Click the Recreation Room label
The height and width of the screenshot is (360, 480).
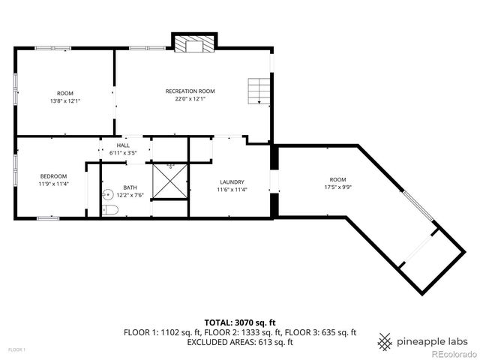click(185, 91)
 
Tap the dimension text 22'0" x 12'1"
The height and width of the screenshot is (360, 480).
click(185, 98)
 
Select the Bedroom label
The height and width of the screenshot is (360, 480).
click(53, 176)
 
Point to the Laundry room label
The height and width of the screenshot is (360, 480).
click(232, 182)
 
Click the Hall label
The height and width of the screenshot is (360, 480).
click(122, 145)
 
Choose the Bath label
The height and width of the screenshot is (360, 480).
click(130, 187)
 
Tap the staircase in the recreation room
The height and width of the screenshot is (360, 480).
click(259, 90)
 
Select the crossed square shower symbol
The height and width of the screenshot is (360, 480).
click(170, 181)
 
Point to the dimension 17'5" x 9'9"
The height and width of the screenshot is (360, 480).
click(338, 187)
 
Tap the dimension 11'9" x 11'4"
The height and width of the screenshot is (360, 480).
click(53, 184)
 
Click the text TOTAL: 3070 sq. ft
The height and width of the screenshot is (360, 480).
click(239, 322)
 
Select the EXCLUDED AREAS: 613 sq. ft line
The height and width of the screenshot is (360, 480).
click(239, 341)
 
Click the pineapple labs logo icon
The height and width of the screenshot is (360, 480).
click(385, 341)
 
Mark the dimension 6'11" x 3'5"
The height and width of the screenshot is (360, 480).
click(122, 153)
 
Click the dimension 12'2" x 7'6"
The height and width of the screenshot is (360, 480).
click(130, 195)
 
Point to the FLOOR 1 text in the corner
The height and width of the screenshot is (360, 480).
click(16, 349)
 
